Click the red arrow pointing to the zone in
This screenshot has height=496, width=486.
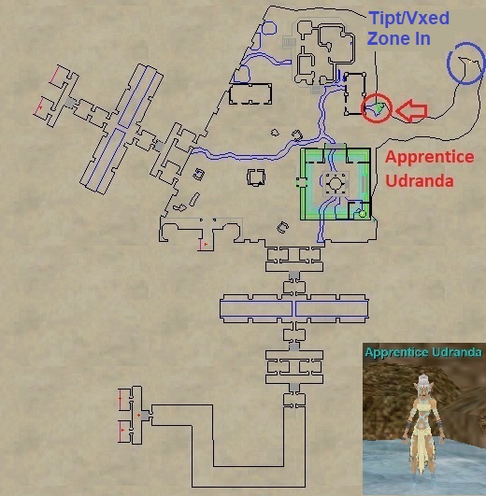click(411, 111)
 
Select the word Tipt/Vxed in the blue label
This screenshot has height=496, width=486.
click(409, 19)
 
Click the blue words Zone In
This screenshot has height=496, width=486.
click(399, 38)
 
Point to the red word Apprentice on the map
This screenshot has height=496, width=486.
click(429, 157)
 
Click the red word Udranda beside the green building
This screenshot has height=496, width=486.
click(420, 180)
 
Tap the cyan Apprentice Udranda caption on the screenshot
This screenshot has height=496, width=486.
click(423, 352)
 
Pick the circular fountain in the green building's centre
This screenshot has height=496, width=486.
click(335, 183)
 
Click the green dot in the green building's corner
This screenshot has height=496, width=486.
click(363, 214)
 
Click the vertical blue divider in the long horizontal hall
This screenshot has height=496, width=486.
click(293, 309)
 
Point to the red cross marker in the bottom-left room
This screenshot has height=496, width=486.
click(138, 415)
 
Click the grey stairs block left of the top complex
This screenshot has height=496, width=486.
click(289, 42)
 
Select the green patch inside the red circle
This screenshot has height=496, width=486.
click(378, 107)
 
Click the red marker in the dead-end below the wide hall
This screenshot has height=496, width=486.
click(206, 244)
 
